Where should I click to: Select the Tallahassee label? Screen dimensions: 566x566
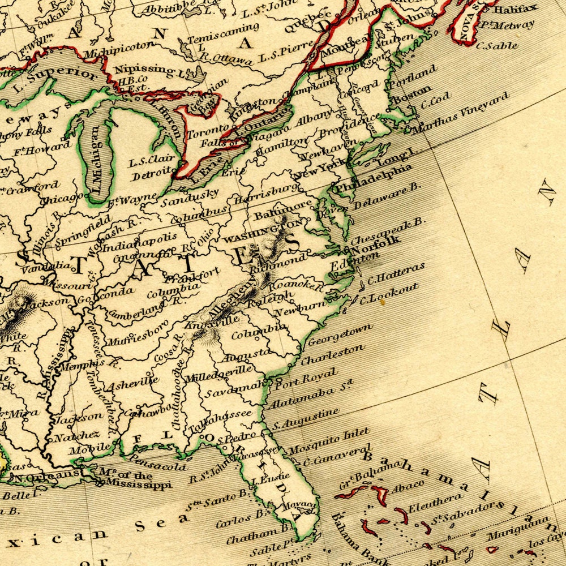pos(220,419)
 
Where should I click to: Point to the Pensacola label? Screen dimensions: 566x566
pos(158,462)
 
